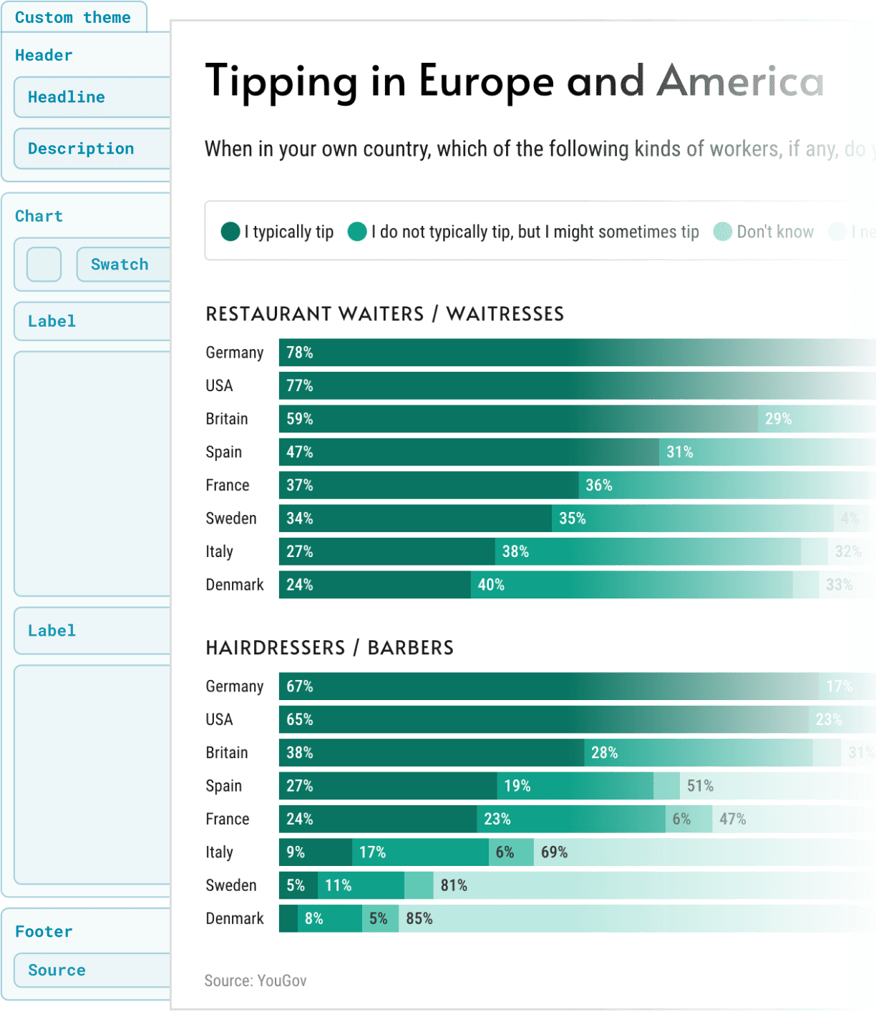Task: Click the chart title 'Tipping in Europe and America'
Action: [x=514, y=81]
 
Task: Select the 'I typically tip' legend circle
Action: [x=230, y=232]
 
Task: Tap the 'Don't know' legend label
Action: [x=774, y=232]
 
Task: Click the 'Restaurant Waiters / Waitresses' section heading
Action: [x=384, y=314]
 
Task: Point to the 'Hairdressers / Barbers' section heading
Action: [x=329, y=648]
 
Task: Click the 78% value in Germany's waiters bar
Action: [x=300, y=353]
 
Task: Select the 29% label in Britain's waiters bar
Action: [x=778, y=419]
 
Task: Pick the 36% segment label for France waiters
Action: [x=599, y=486]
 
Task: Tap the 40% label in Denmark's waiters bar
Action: [x=491, y=585]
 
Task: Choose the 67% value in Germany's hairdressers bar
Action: [x=300, y=686]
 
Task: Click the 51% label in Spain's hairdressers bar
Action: [x=700, y=786]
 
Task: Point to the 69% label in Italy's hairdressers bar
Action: [x=554, y=852]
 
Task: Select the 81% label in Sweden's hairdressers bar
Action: [x=454, y=885]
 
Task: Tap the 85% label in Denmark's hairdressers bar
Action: [x=419, y=919]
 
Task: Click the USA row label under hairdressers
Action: [x=219, y=719]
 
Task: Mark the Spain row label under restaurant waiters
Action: [x=223, y=452]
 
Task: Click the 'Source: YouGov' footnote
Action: [x=255, y=980]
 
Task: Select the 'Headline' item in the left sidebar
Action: [x=67, y=97]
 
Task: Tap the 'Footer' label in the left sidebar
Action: [x=44, y=932]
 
